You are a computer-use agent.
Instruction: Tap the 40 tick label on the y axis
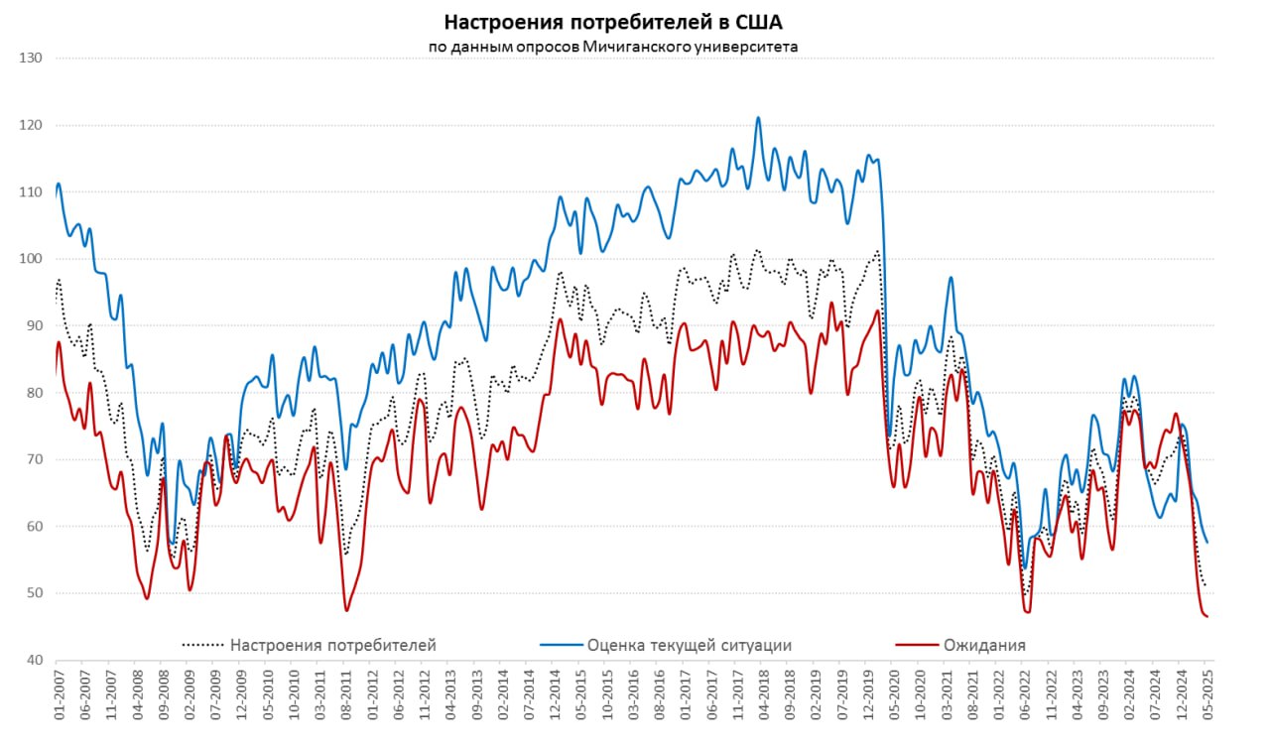33,661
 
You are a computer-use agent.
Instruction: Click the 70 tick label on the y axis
33,459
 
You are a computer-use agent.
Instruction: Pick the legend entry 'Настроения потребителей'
332,645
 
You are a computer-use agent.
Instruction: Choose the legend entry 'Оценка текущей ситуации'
690,645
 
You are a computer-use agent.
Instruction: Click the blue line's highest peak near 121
758,117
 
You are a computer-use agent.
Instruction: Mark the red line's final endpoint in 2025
1207,617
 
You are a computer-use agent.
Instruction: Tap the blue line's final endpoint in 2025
1207,543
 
